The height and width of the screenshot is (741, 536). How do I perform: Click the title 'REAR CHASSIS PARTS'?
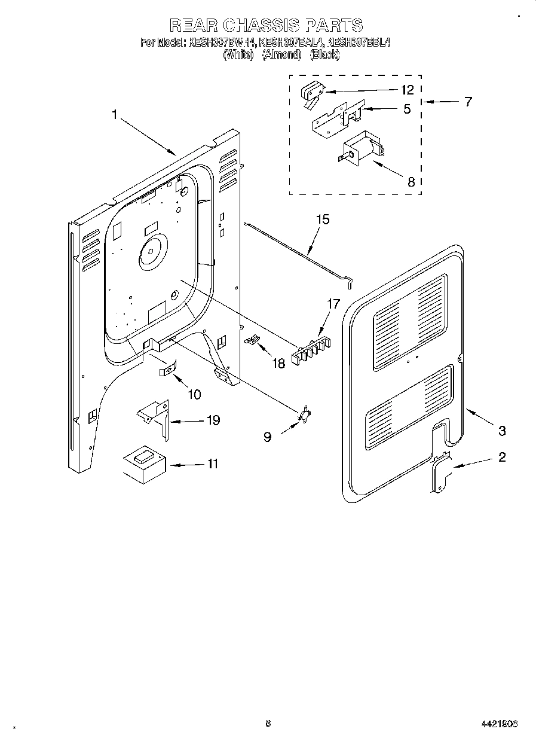point(267,25)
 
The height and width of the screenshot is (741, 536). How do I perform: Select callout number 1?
point(115,115)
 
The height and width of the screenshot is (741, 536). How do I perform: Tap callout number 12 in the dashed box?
point(407,90)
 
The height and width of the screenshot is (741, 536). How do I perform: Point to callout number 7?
point(468,102)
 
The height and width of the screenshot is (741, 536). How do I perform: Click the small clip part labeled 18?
point(252,340)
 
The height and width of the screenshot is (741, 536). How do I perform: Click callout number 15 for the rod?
point(322,219)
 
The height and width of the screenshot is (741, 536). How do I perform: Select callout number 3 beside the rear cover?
point(502,430)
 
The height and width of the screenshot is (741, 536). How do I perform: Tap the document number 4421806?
point(498,724)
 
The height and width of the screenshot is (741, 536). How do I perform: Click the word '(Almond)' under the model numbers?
point(281,54)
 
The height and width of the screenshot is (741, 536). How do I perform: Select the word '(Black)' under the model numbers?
point(325,54)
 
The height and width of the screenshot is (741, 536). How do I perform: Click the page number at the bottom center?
point(268,724)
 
